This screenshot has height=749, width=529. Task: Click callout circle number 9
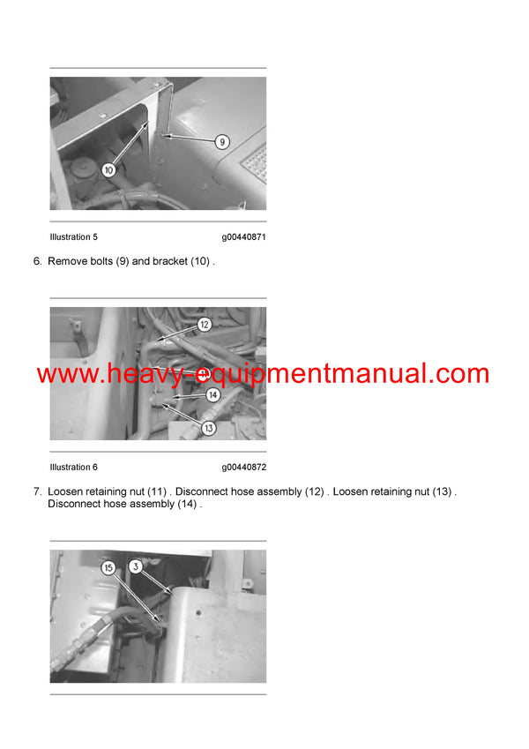tap(222, 140)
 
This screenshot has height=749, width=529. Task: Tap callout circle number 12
tap(205, 325)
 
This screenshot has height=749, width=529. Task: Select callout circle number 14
tap(212, 396)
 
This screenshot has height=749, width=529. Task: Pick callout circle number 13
tap(209, 428)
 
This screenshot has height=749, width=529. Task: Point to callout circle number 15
tap(108, 569)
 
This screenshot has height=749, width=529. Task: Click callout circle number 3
tap(136, 567)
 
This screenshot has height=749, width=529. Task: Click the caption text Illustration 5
tap(74, 237)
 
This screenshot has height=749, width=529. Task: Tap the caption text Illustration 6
tap(74, 468)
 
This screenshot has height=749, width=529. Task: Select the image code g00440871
tap(243, 237)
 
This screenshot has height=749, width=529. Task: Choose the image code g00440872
tap(243, 468)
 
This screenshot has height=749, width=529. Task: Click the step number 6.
tap(37, 262)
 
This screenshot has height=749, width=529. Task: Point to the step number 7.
tap(37, 491)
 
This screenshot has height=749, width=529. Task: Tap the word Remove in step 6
tap(68, 262)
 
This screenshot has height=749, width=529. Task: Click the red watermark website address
tap(263, 373)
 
